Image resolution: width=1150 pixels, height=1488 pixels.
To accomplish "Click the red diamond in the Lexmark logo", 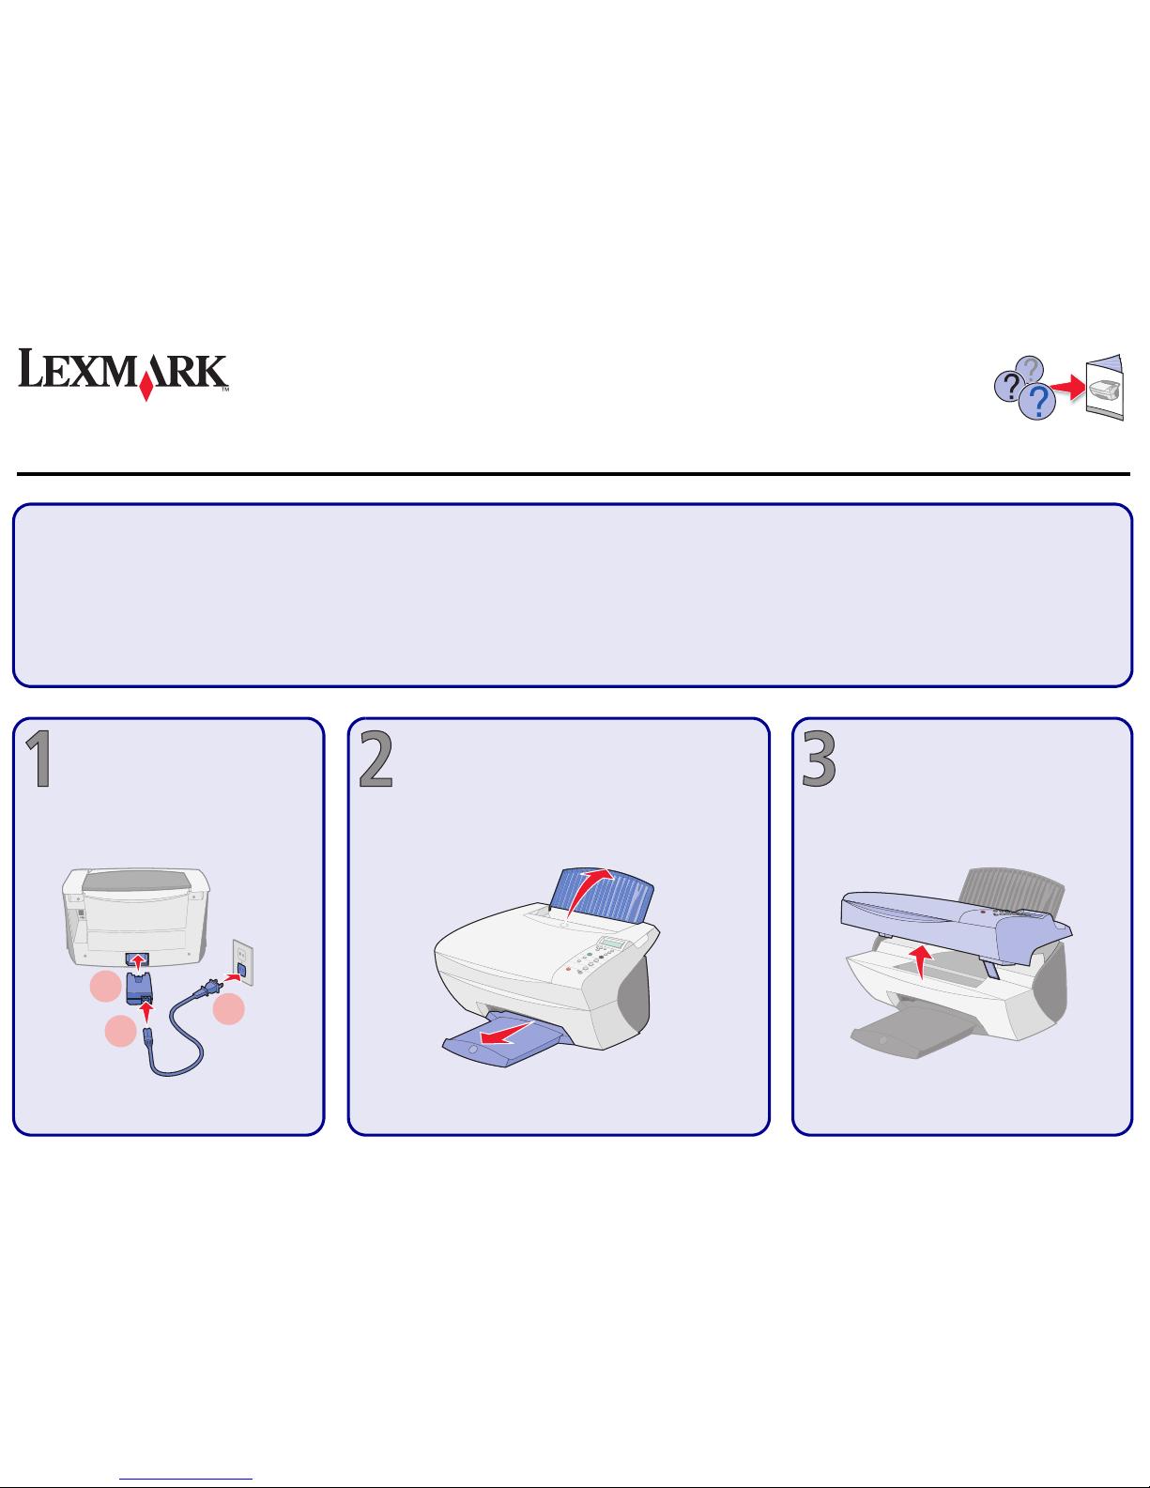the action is coord(146,389).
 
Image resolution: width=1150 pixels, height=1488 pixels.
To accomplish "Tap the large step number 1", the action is coord(39,759).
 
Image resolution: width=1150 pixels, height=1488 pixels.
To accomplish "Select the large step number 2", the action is coord(376,758).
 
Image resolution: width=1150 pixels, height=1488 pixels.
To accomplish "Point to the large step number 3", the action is coord(820,758).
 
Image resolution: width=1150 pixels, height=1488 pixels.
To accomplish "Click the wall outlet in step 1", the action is coord(243,963).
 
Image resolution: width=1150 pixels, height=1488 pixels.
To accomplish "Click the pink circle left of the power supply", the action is coord(105,986).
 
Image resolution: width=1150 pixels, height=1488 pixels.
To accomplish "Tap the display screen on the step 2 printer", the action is coord(613,943).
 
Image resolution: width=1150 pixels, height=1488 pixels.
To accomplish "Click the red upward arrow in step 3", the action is coord(921,961).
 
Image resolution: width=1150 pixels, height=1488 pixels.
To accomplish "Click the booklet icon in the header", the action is coord(1104,387).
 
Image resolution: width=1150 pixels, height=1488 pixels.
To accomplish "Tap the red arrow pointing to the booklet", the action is coord(1067,388).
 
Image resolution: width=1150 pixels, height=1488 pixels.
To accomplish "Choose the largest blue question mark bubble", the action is coord(1037,401).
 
